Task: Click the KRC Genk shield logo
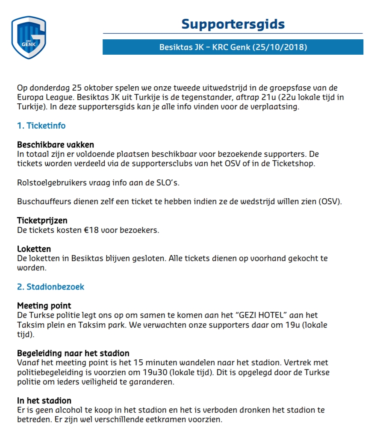tap(29, 37)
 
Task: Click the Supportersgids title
tap(233, 24)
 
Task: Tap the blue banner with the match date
tap(233, 47)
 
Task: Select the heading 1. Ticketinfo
tap(41, 126)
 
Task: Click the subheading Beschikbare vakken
tap(56, 145)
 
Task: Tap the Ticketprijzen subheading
tap(42, 221)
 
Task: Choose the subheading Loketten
tap(34, 249)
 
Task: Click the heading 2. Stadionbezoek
tap(51, 287)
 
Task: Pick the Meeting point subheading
tap(44, 306)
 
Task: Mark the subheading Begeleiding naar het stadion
tap(73, 353)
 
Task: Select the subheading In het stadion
tap(44, 401)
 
